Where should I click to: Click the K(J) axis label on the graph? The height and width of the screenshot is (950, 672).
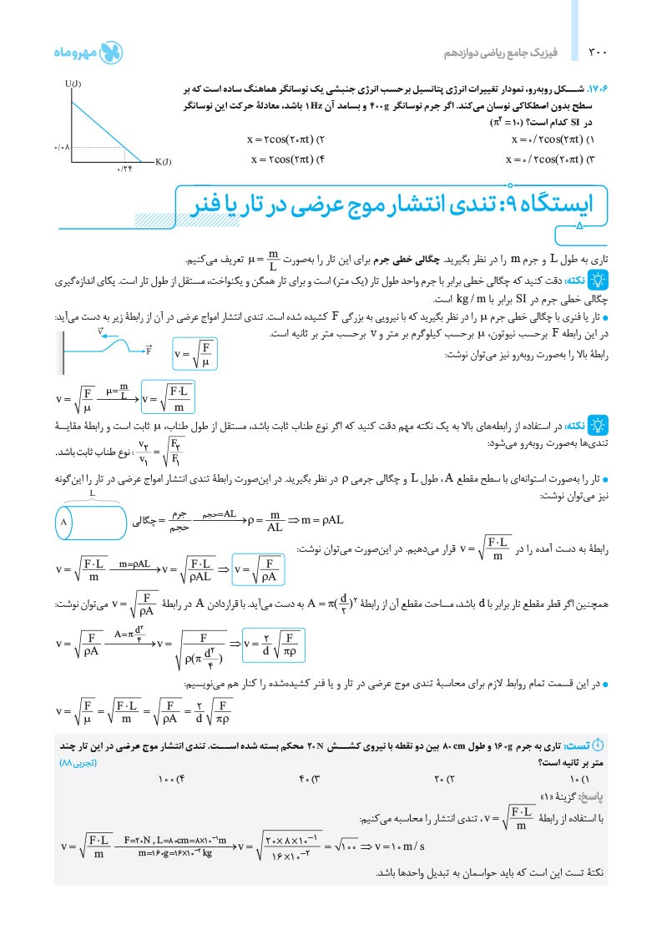pos(163,161)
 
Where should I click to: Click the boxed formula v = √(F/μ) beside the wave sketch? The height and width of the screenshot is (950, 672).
pos(195,353)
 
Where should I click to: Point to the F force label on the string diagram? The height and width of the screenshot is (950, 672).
pos(149,349)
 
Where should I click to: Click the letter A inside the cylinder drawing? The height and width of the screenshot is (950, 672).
pos(63,523)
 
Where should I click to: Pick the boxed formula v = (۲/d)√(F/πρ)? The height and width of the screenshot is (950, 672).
pos(273,641)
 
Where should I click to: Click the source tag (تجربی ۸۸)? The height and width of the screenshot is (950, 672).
pos(78,763)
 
